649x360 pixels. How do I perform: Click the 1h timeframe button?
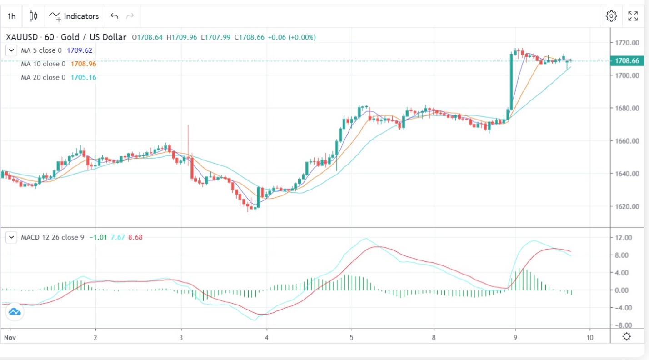coord(11,16)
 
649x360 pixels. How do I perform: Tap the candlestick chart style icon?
coord(33,16)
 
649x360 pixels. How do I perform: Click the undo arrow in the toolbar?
coord(115,16)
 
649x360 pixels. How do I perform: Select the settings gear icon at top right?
coord(611,16)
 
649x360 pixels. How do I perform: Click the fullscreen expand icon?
coord(633,16)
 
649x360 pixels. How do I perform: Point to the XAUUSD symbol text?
coord(22,37)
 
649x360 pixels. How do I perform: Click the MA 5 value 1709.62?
coord(80,50)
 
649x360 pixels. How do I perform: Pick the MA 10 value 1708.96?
coord(84,64)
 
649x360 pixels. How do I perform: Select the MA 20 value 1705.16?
coord(84,78)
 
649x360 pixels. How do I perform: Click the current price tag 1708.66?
coord(627,61)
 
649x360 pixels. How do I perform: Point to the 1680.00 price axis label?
coord(627,108)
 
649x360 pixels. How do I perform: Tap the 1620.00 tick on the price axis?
coord(627,206)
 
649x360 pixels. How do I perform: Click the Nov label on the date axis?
coord(10,338)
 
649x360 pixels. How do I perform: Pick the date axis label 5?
coord(351,338)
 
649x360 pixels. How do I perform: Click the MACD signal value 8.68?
coord(135,237)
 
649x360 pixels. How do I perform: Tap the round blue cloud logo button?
coord(14,312)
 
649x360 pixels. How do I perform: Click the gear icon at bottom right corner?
coord(627,337)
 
